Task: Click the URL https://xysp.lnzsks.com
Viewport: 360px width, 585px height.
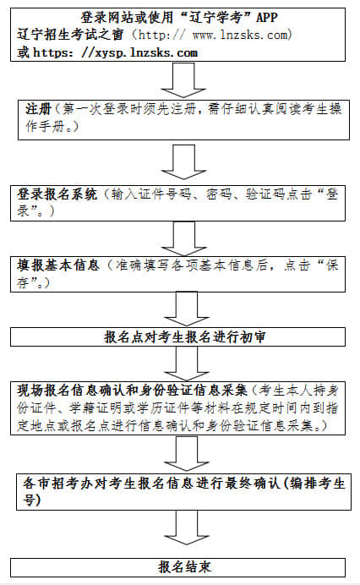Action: click(117, 52)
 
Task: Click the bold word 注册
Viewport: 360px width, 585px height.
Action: click(36, 110)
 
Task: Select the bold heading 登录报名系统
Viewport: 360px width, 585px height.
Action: click(58, 194)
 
